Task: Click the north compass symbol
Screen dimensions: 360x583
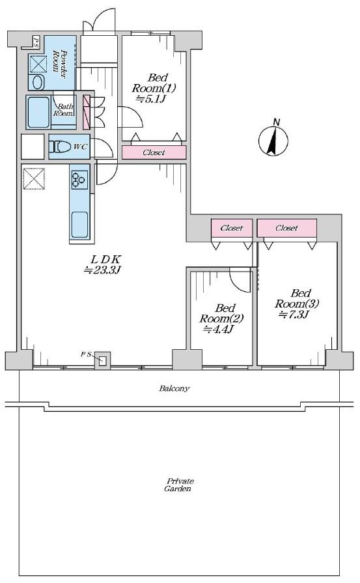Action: click(273, 140)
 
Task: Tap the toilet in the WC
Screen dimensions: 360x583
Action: click(59, 147)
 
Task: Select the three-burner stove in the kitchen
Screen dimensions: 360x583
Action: click(79, 179)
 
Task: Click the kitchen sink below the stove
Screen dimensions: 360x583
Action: click(79, 225)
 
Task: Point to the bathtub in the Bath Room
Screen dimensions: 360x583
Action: click(39, 112)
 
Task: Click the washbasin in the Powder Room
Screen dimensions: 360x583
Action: click(38, 82)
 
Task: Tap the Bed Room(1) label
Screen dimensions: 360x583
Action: click(154, 88)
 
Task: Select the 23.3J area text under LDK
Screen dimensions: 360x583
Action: click(102, 270)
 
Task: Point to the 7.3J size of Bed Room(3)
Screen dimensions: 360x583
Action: click(294, 315)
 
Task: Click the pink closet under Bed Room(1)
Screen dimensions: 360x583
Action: click(154, 152)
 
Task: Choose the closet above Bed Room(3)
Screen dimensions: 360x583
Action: click(287, 228)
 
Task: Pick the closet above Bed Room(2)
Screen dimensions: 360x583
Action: click(232, 228)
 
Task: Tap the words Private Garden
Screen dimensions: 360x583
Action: click(179, 485)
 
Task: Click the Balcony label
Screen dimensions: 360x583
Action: click(174, 388)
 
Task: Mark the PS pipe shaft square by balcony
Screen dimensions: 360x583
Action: click(103, 360)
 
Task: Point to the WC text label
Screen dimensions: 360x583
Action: click(80, 147)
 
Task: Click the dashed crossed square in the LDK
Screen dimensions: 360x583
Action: click(34, 179)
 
